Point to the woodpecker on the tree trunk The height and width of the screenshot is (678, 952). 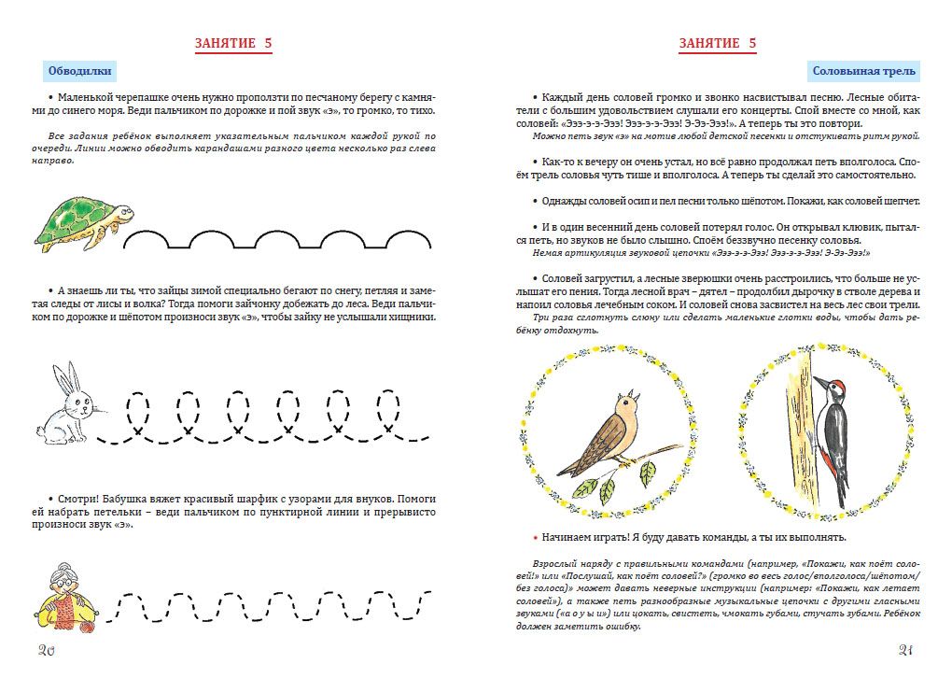830,435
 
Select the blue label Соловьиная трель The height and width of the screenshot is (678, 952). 863,71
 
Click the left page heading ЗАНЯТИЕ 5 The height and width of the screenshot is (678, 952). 233,43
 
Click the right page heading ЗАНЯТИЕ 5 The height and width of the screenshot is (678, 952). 718,43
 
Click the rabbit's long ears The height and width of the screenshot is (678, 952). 62,377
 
